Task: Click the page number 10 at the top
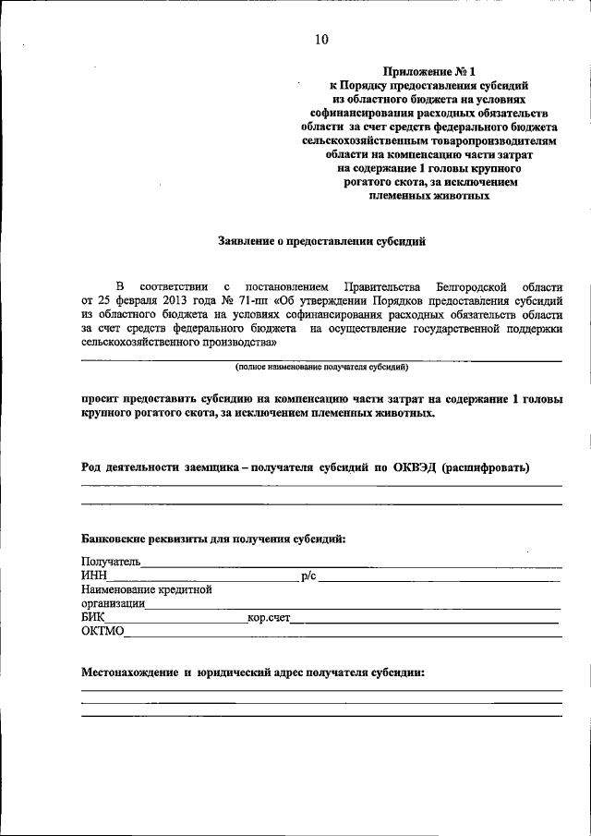[320, 39]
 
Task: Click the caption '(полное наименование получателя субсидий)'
[321, 367]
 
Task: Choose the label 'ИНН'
[94, 576]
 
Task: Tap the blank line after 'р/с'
[439, 580]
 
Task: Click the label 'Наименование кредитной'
[147, 589]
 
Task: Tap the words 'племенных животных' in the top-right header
[429, 196]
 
